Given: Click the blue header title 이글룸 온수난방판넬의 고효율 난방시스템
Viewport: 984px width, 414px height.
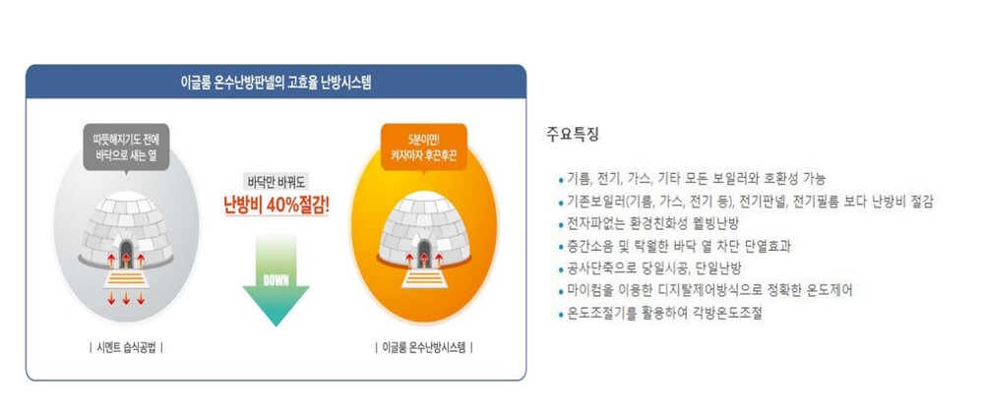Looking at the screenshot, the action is pos(276,83).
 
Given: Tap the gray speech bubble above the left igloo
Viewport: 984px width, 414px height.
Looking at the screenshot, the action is pos(126,148).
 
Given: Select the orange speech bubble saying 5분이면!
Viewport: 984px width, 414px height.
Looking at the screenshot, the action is pos(423,148).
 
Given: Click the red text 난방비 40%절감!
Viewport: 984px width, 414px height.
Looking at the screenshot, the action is pos(277,206).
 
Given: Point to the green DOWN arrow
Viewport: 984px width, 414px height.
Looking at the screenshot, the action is pos(277,279).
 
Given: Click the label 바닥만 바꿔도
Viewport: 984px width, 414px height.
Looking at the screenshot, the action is pos(277,183).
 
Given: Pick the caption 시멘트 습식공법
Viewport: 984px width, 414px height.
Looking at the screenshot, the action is pos(126,347).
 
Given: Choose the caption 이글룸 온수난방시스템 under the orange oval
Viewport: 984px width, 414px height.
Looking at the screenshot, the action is pos(423,347).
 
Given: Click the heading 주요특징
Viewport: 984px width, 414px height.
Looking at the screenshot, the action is pos(573,135).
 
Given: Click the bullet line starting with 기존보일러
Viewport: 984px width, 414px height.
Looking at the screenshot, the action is pos(746,202).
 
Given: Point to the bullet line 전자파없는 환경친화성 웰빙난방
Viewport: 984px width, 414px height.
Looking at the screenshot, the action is pos(648,224).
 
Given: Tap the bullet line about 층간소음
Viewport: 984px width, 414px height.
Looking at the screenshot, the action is pos(674,247).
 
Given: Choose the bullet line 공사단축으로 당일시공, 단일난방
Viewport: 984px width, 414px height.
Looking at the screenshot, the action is pos(649,269).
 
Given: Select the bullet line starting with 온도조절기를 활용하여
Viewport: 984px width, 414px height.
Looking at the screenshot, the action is pos(659,314).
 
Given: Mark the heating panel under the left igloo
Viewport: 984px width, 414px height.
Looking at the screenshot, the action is pos(126,278).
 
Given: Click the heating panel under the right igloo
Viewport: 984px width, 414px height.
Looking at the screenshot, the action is pos(424,278).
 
